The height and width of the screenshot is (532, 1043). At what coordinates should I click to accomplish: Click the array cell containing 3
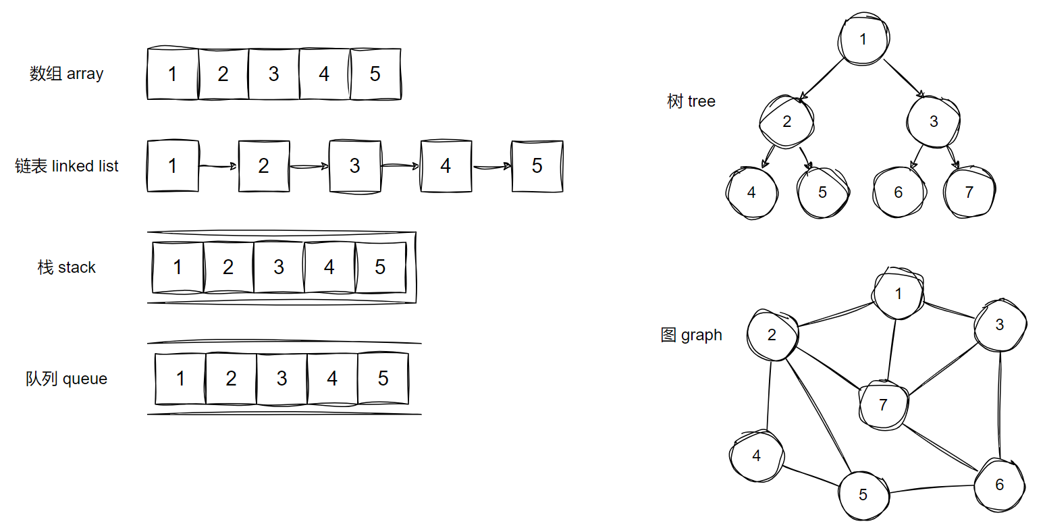point(274,74)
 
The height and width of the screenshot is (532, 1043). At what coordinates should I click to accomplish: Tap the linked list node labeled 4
point(446,166)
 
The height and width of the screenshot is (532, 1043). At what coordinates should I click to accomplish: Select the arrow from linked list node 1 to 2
point(218,166)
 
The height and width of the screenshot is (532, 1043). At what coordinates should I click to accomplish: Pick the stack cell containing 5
point(381,267)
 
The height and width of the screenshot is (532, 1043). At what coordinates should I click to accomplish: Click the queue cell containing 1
point(180,378)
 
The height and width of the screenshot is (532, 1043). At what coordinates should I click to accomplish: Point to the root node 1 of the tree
point(863,39)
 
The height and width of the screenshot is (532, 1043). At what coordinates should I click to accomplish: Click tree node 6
point(899,192)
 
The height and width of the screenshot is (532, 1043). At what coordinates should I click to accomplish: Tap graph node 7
point(883,405)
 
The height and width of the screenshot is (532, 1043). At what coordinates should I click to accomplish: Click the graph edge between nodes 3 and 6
point(999,404)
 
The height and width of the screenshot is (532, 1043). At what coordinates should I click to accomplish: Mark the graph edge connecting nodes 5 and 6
point(931,489)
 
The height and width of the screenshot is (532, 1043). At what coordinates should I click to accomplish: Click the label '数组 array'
point(67,74)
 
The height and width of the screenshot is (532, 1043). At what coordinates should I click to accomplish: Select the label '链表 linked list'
point(67,166)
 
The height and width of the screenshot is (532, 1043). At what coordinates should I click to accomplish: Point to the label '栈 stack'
point(67,267)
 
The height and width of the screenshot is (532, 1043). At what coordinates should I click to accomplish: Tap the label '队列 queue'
point(67,378)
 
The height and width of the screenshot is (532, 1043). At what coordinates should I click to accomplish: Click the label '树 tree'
point(691,101)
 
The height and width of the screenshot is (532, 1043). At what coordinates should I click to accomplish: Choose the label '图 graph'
point(691,335)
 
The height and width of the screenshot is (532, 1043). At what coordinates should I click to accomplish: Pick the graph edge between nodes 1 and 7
point(892,350)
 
